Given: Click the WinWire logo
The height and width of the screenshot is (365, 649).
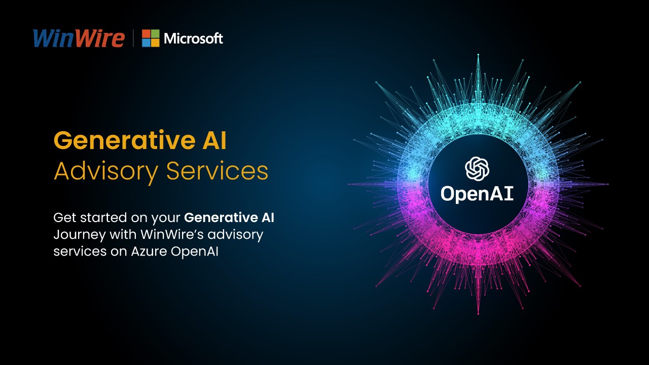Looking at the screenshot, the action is click(x=79, y=38).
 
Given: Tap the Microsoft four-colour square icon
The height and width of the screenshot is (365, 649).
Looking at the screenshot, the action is click(x=151, y=38).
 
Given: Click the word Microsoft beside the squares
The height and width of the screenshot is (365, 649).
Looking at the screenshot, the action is click(x=193, y=39).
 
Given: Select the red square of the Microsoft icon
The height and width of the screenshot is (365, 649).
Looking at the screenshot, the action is click(x=146, y=33).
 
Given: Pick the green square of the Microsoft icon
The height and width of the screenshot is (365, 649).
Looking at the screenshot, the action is click(x=155, y=33).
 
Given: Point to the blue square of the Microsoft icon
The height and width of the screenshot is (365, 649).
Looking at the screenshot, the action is click(x=146, y=43).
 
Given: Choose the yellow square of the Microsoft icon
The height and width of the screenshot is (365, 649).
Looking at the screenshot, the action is click(x=155, y=43).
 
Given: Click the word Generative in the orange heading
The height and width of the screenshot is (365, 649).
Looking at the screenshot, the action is click(x=125, y=140).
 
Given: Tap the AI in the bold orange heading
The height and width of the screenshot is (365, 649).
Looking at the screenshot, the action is click(x=214, y=140).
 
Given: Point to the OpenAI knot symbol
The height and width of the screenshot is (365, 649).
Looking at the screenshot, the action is click(x=477, y=169).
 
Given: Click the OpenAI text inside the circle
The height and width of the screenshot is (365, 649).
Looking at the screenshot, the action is click(x=477, y=194).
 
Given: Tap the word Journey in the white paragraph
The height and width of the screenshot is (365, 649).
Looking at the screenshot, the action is click(x=80, y=235).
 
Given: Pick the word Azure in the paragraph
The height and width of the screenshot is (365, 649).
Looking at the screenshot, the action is click(x=149, y=251).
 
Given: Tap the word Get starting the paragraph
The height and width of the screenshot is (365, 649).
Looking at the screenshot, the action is click(x=65, y=217).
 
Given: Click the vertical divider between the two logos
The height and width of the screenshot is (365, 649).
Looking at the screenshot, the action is click(x=133, y=38).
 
